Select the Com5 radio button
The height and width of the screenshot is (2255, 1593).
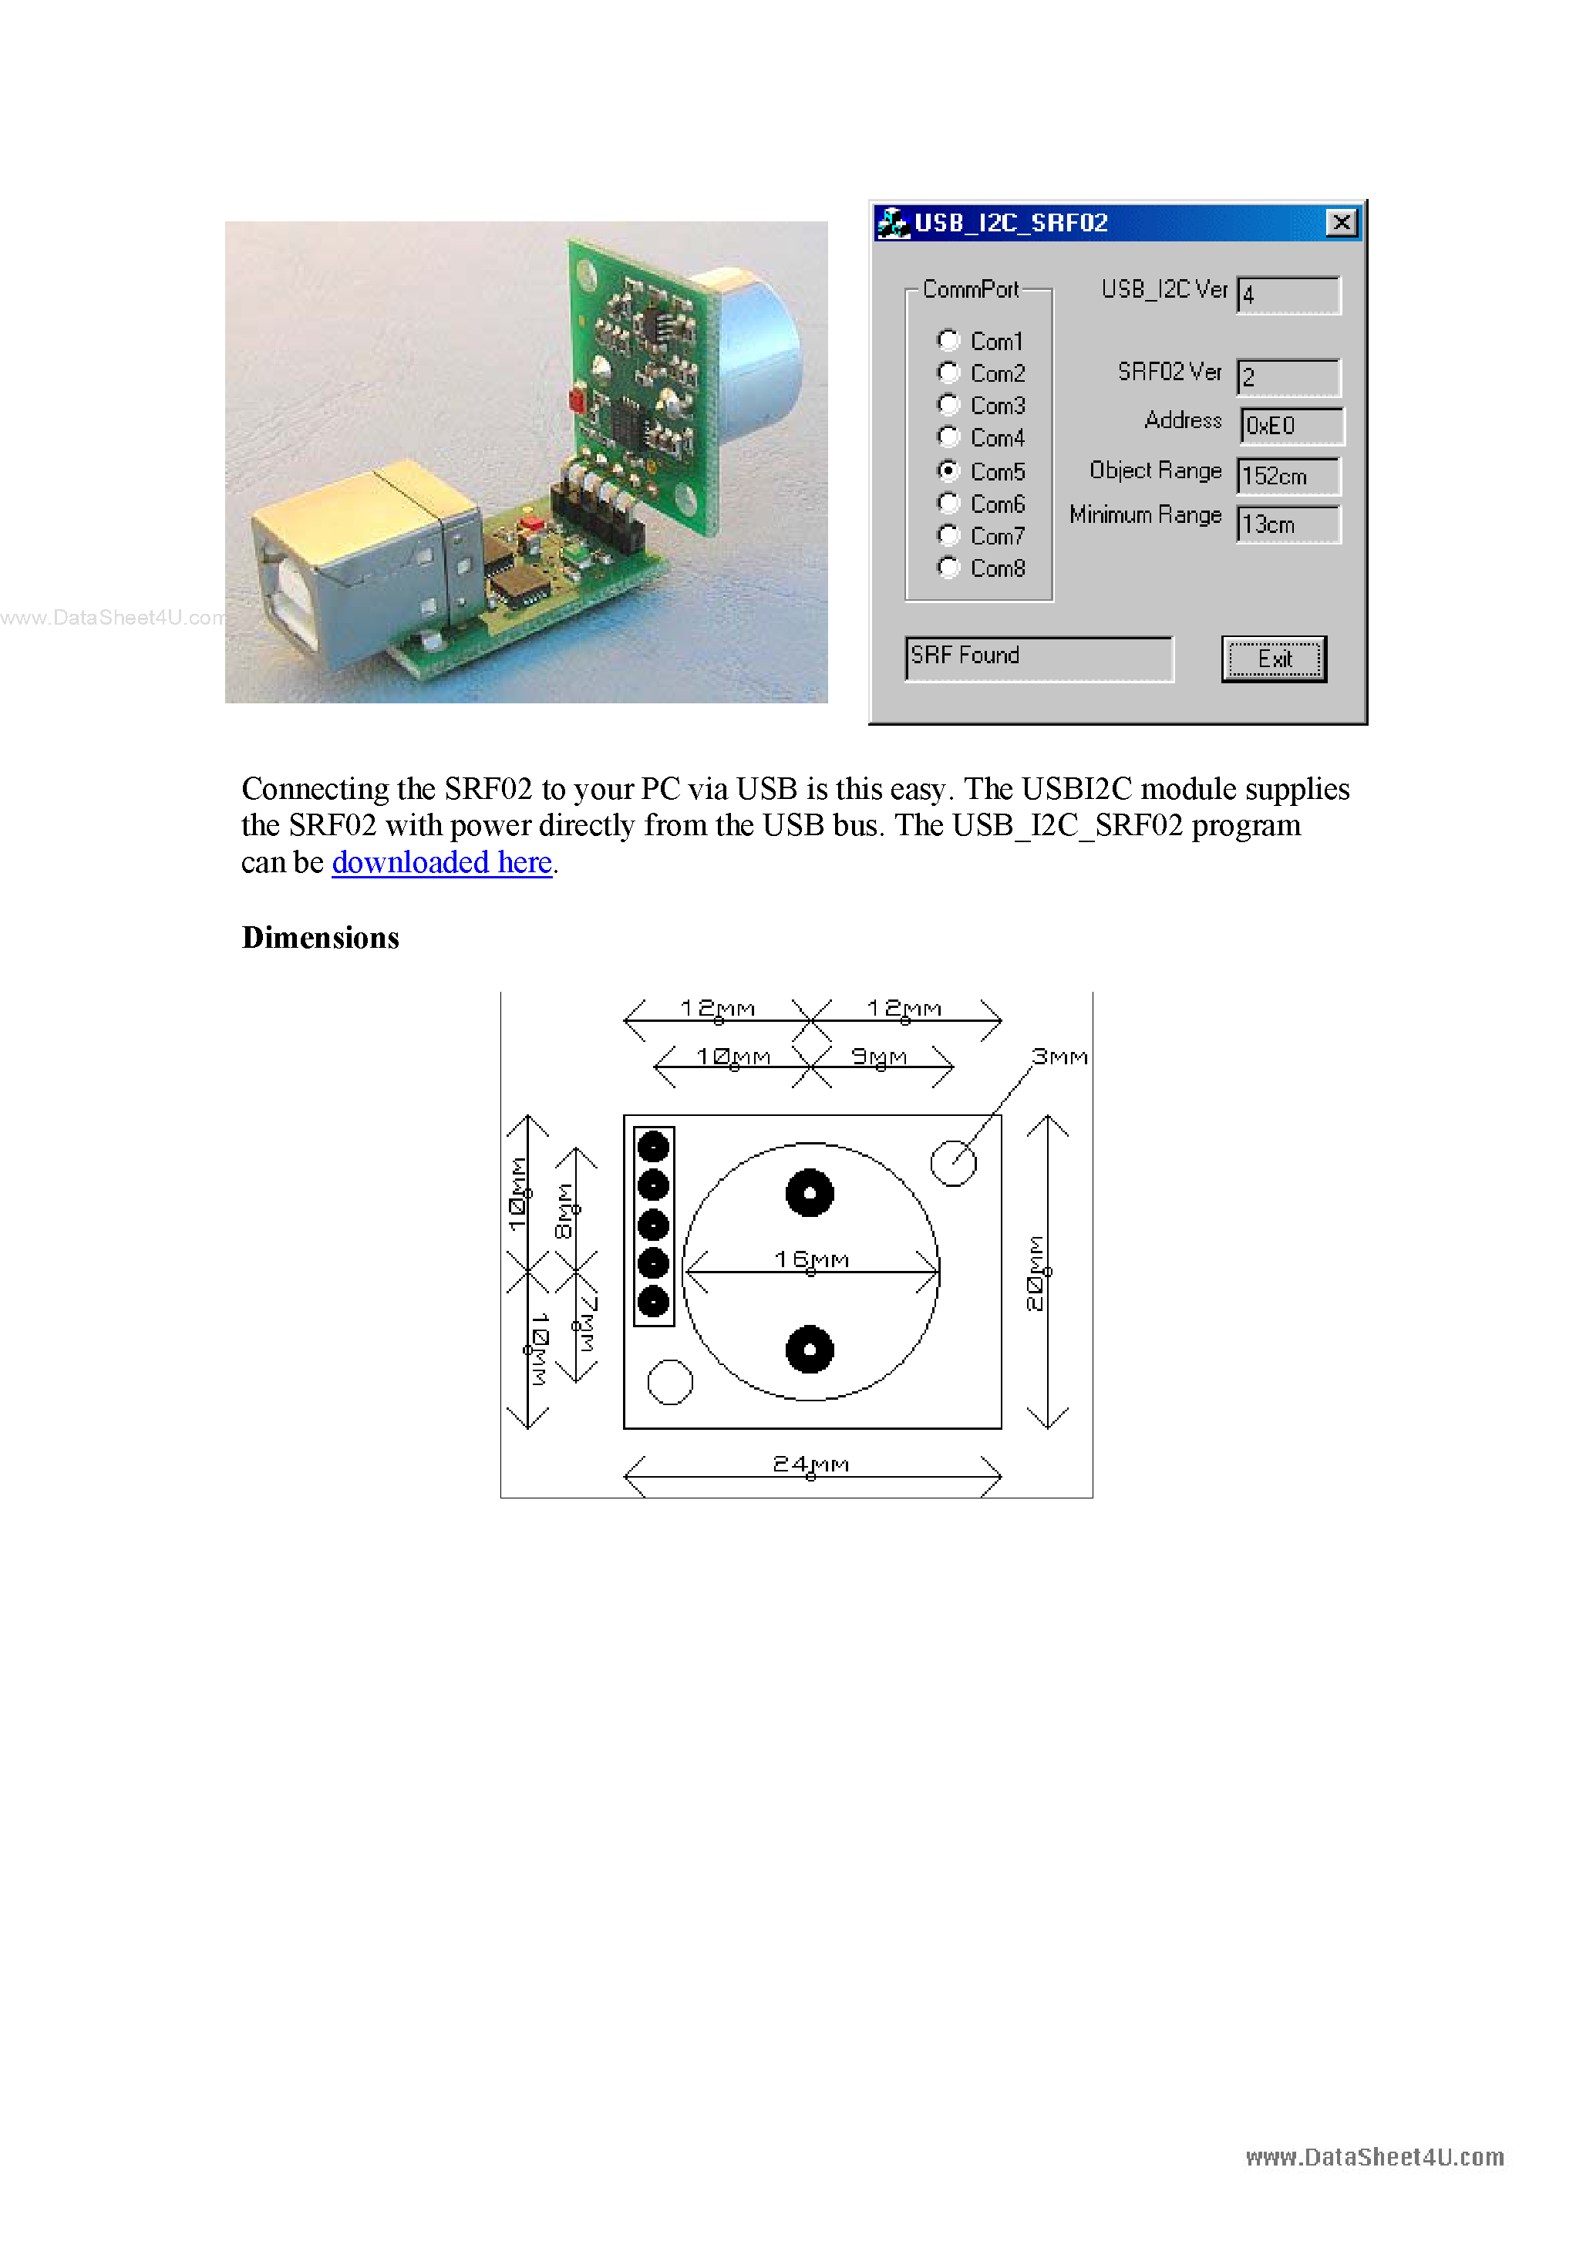pyautogui.click(x=948, y=470)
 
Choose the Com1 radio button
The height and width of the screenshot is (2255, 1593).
pyautogui.click(x=948, y=340)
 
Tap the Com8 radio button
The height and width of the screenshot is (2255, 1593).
pyautogui.click(x=948, y=567)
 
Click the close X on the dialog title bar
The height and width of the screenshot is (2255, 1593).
pyautogui.click(x=1341, y=223)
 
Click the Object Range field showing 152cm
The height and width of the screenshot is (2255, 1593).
pyautogui.click(x=1288, y=477)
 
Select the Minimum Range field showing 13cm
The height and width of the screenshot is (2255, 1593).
pyautogui.click(x=1288, y=524)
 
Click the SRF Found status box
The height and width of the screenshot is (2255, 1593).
pyautogui.click(x=1037, y=657)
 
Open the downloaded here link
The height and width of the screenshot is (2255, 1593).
pyautogui.click(x=441, y=862)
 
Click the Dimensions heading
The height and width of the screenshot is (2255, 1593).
pyautogui.click(x=320, y=938)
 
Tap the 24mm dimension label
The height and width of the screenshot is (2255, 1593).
pyautogui.click(x=810, y=1464)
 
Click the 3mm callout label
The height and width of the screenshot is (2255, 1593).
pyautogui.click(x=1059, y=1057)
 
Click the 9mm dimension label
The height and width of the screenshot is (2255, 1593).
pyautogui.click(x=878, y=1057)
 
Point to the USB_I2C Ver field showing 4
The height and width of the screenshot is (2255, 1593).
pyautogui.click(x=1288, y=295)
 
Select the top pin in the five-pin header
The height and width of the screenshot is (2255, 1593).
pyautogui.click(x=653, y=1146)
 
